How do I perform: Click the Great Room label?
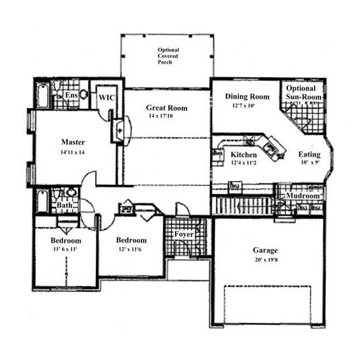click(166, 108)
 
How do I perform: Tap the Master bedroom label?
click(73, 142)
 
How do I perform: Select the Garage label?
click(265, 250)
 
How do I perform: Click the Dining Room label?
click(247, 96)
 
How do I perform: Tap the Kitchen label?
click(244, 155)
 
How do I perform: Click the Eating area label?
click(309, 155)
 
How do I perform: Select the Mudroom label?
click(302, 197)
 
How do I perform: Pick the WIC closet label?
click(107, 98)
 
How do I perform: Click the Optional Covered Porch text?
click(168, 56)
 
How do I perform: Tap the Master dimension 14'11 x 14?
click(73, 152)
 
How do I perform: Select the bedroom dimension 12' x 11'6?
click(131, 249)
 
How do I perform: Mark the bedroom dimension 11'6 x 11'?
click(65, 250)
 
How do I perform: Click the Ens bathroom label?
click(71, 96)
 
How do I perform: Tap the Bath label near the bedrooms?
click(64, 205)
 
